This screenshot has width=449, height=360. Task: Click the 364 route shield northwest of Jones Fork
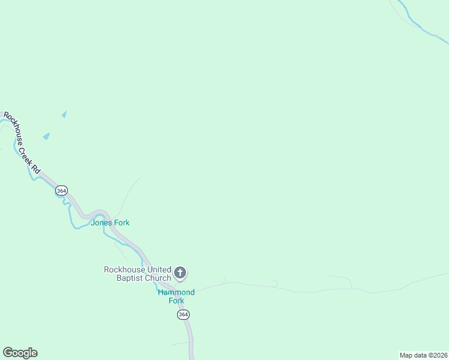pyautogui.click(x=61, y=190)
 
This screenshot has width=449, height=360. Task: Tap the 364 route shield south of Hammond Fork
pyautogui.click(x=183, y=315)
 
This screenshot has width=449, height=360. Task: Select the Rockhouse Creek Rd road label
pyautogui.click(x=22, y=143)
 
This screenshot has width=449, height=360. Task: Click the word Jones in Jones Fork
pyautogui.click(x=101, y=223)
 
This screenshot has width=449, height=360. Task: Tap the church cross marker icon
pyautogui.click(x=180, y=274)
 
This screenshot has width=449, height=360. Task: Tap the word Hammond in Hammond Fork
pyautogui.click(x=176, y=292)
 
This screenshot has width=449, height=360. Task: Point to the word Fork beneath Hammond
pyautogui.click(x=176, y=301)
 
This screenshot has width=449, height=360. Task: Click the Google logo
pyautogui.click(x=20, y=353)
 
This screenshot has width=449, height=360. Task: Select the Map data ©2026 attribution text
pyautogui.click(x=423, y=355)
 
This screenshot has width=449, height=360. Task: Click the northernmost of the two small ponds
pyautogui.click(x=64, y=114)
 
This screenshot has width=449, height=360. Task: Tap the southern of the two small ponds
pyautogui.click(x=46, y=136)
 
